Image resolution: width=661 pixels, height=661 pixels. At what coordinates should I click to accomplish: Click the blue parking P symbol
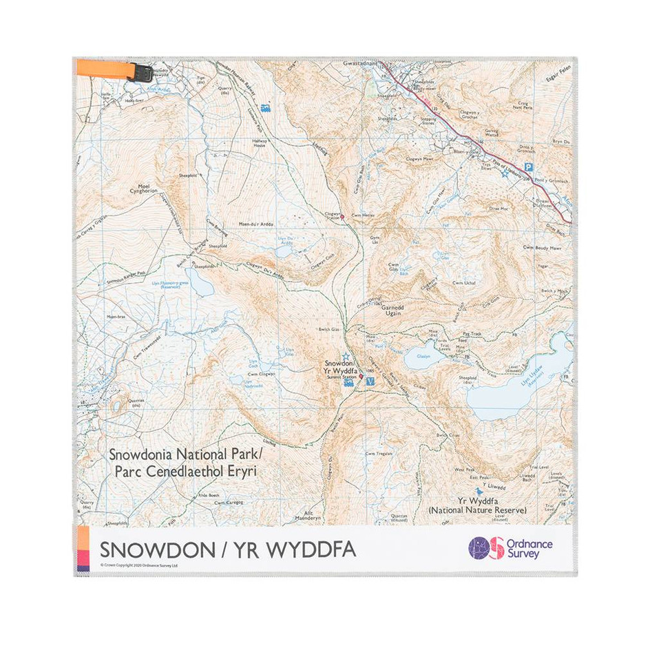click(528, 167)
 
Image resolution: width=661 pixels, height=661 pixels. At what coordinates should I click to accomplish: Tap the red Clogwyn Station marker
click(342, 216)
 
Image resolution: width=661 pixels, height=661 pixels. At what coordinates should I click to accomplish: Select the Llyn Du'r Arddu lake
click(285, 251)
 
